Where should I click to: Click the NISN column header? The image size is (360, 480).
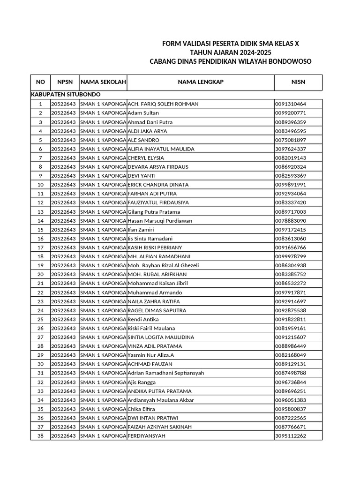click(298, 82)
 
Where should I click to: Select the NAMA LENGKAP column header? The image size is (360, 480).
click(201, 82)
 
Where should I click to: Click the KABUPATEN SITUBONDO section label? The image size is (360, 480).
click(66, 95)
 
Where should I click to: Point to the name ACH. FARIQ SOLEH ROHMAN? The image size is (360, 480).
click(163, 104)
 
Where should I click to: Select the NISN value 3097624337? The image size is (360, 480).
click(291, 149)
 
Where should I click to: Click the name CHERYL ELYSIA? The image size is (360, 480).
click(146, 158)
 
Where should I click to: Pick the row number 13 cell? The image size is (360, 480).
click(40, 212)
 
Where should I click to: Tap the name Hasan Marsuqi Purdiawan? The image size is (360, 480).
click(159, 221)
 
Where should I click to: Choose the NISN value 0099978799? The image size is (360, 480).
click(291, 256)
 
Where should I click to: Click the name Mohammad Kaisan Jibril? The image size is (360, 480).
click(157, 284)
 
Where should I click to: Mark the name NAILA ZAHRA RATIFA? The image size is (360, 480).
click(154, 301)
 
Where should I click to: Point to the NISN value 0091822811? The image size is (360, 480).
click(291, 319)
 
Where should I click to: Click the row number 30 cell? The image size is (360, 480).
click(40, 364)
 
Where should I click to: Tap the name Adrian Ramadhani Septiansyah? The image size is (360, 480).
click(166, 373)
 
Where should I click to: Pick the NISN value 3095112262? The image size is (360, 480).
click(291, 436)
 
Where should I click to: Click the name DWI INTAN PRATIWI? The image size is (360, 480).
click(153, 418)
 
